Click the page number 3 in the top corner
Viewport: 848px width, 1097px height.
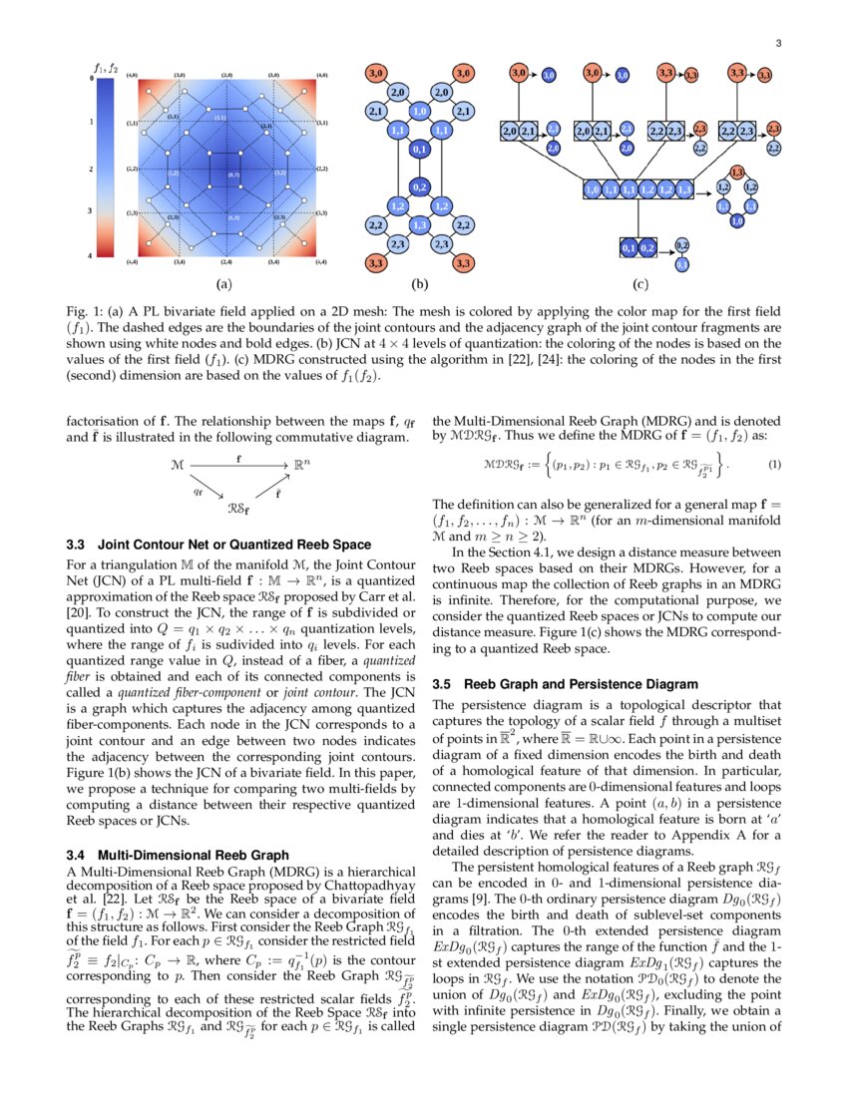coord(777,42)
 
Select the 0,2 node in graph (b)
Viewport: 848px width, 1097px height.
coord(419,186)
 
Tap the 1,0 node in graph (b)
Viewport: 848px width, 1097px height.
coord(419,112)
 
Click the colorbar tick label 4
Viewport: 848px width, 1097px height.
coord(92,256)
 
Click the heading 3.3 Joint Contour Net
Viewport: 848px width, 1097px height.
coord(217,545)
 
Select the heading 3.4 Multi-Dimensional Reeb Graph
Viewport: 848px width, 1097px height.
coord(178,855)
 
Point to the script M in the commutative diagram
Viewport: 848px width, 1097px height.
coord(177,465)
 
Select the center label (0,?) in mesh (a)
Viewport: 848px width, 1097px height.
coord(233,175)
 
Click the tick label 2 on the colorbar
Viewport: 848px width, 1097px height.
coord(92,170)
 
